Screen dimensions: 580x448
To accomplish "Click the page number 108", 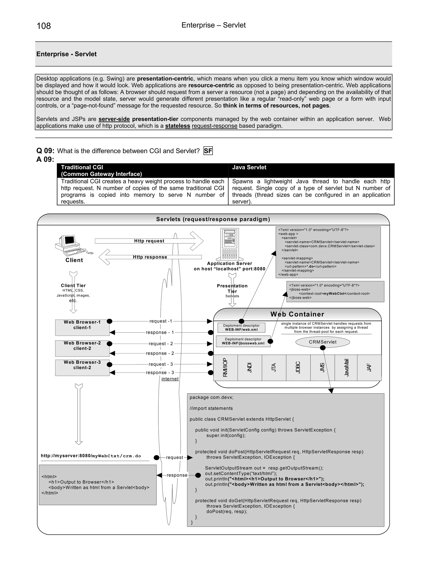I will point(44,26).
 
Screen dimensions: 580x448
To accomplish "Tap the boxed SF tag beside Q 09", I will point(208,151).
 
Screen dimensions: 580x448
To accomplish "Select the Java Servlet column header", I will point(249,167).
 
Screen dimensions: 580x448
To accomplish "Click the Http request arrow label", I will point(149,241).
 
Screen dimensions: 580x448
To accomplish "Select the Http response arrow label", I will point(150,257).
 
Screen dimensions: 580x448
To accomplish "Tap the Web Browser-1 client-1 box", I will point(82,327).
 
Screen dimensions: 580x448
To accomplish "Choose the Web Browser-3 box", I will point(82,367).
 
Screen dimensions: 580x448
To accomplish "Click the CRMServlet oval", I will point(322,342).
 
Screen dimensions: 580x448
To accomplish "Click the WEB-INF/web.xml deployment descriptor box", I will point(241,327).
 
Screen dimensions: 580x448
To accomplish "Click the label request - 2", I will point(161,344).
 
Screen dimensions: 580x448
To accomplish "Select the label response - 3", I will point(160,373).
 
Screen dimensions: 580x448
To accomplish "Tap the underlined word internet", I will point(170,379).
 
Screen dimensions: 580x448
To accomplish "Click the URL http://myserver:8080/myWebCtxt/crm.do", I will point(91,456).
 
